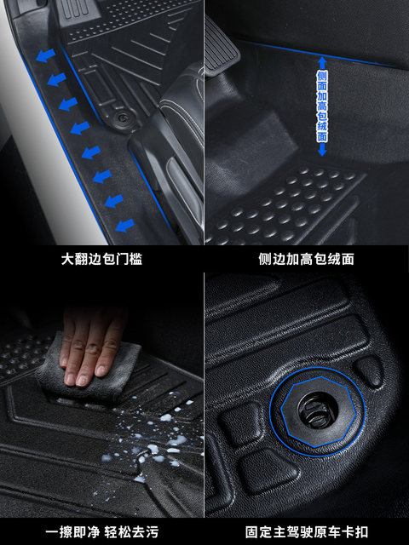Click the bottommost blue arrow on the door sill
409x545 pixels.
pyautogui.click(x=124, y=227)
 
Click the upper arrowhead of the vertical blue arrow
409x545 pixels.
pyautogui.click(x=322, y=62)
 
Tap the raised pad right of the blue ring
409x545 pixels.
pyautogui.click(x=369, y=371)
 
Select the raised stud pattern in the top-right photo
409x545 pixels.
pyautogui.click(x=290, y=204)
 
